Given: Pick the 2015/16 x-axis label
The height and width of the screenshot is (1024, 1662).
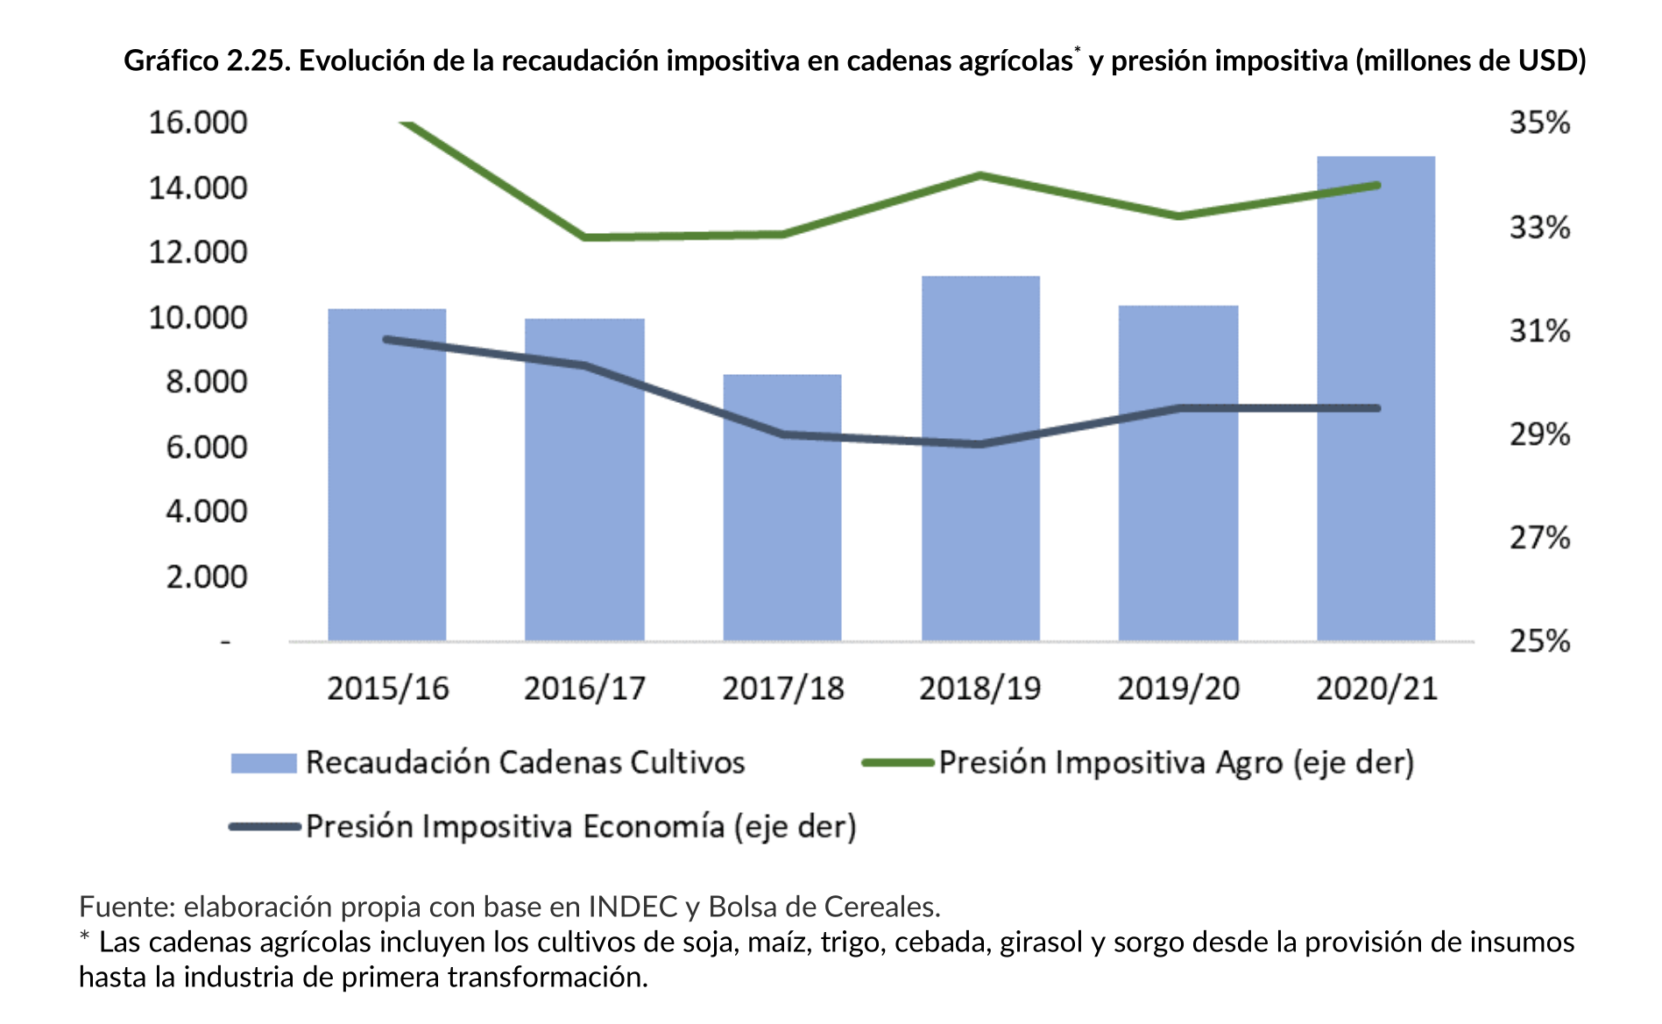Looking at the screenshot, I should tap(387, 689).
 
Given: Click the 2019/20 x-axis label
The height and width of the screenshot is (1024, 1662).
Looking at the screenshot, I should tap(1178, 689).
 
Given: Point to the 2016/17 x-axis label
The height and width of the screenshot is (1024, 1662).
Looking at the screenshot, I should tap(584, 689).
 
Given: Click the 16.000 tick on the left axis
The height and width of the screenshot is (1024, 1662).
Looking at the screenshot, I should tap(198, 123).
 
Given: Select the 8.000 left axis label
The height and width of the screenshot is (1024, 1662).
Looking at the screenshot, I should tap(207, 382).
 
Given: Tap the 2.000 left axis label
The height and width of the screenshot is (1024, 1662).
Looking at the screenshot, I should tap(207, 577).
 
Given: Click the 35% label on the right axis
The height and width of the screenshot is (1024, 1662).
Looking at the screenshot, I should tap(1539, 123).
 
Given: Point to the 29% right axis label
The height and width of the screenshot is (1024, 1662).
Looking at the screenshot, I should tap(1539, 434).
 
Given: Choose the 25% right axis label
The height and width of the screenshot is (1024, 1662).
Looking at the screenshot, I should tap(1539, 641).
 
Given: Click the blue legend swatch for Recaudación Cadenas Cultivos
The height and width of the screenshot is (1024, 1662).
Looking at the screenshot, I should tap(264, 763).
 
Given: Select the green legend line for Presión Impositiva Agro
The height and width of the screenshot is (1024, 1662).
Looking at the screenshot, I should tap(897, 763).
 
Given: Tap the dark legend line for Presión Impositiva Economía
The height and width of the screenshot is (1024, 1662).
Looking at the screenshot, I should tap(264, 827).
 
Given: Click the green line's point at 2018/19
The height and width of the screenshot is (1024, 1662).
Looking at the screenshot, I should tap(980, 175).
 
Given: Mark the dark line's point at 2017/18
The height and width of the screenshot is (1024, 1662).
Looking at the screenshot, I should tap(781, 434).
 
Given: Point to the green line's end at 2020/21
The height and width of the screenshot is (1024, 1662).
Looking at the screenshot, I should tap(1377, 185).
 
